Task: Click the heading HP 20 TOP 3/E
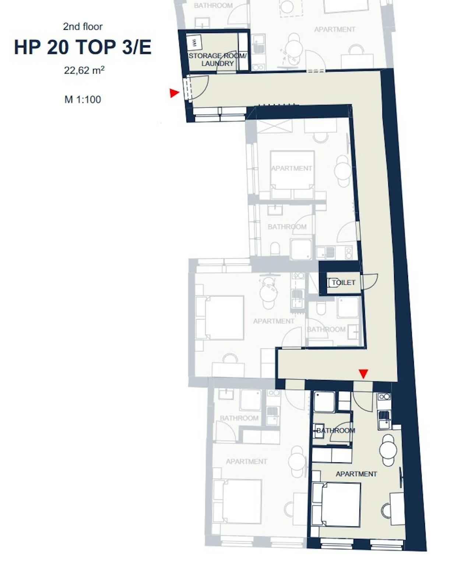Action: [82, 48]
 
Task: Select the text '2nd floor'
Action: [82, 27]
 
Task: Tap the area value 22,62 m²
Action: [84, 70]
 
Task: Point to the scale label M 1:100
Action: [82, 99]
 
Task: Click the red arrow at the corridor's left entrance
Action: [174, 93]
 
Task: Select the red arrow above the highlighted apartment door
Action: [363, 374]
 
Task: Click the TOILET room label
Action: [343, 283]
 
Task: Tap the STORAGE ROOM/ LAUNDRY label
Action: [217, 60]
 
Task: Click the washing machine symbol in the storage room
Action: [194, 43]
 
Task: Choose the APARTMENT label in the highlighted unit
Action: [356, 474]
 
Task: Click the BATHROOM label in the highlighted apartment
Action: [335, 430]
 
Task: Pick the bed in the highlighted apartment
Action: [336, 504]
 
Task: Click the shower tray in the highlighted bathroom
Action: [324, 401]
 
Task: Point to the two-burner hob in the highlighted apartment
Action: [384, 397]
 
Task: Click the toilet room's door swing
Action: [370, 282]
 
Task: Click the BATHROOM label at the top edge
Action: [213, 6]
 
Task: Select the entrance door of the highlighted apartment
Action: [362, 402]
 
